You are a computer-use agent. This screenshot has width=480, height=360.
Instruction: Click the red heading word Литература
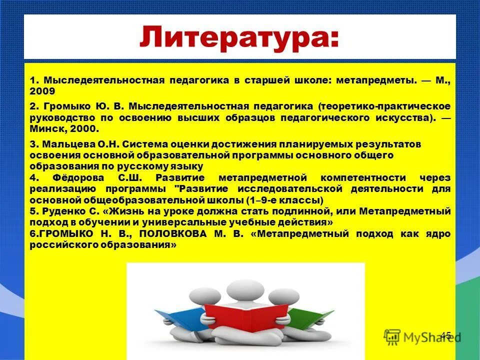click(x=239, y=38)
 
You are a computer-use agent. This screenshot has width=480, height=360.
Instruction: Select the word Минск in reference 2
click(x=45, y=128)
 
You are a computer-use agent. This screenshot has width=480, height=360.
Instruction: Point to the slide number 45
click(x=445, y=335)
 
